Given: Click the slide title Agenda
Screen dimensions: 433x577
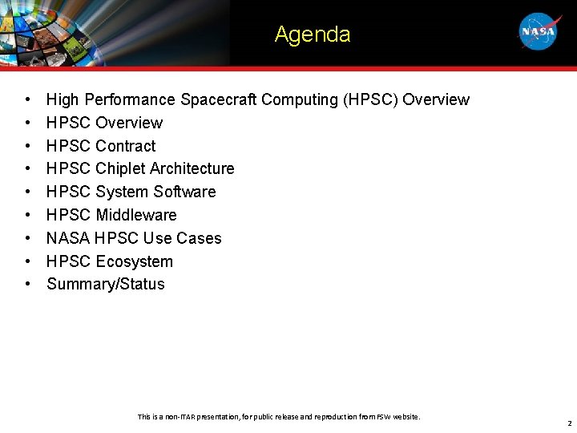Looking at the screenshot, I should coord(312,34).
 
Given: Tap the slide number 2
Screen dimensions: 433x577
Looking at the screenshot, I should coord(569,423).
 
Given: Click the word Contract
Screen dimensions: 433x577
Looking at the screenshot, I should coord(125,146).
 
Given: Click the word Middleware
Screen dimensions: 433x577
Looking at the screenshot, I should coord(135,215).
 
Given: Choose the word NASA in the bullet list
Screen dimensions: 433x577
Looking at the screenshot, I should coord(68,238).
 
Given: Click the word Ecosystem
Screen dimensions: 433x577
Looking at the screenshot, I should coord(134,261).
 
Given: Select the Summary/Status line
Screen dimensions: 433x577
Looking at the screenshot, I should coord(105,284).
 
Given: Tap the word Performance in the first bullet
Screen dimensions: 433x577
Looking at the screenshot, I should coord(130,99).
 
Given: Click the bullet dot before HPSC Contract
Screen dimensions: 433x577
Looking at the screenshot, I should coord(28,146).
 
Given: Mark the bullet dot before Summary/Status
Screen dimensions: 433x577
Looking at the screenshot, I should coord(28,285).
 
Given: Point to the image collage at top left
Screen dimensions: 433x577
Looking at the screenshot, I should coord(112,32).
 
